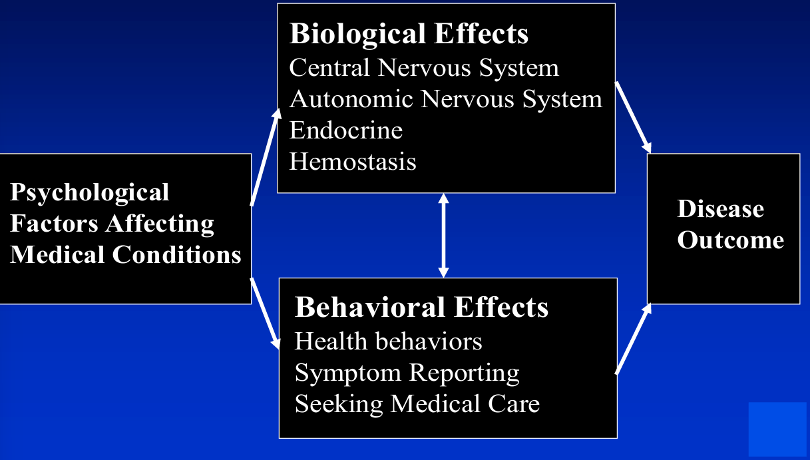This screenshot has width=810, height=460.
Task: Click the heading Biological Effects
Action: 409,34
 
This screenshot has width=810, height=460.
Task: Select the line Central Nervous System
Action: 424,68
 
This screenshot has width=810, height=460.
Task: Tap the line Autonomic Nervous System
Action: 445,99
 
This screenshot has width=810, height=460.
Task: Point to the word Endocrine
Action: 346,130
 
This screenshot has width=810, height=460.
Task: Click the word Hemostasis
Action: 353,161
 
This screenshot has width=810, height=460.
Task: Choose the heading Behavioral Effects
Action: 421,308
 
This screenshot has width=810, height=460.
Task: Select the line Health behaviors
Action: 388,342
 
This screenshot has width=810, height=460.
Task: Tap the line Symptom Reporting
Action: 407,373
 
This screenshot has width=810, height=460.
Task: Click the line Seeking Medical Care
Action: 417,404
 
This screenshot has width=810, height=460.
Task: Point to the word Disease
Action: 720,209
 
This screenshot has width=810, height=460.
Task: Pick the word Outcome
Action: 730,240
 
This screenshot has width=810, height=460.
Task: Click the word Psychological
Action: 90,192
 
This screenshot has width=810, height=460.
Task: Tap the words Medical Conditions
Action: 126,255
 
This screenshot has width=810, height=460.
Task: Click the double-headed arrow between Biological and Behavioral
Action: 443,235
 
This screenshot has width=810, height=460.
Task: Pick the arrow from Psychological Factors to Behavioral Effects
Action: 265,314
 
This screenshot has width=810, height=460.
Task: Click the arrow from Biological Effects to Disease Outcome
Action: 633,116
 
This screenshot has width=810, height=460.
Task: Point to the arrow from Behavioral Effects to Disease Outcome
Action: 633,338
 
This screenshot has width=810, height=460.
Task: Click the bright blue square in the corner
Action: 777,429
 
